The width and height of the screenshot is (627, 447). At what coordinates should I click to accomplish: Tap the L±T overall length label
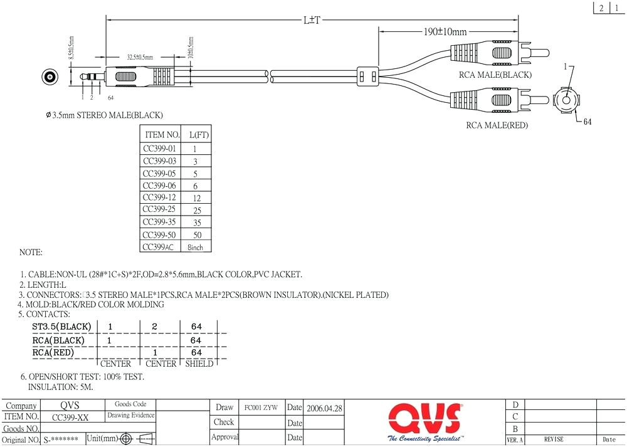pyautogui.click(x=312, y=20)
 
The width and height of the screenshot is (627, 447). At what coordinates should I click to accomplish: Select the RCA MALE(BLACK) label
pyautogui.click(x=495, y=75)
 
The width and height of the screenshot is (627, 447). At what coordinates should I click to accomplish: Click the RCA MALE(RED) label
pyautogui.click(x=497, y=125)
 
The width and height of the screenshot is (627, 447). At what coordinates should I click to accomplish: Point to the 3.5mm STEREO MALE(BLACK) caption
pyautogui.click(x=104, y=115)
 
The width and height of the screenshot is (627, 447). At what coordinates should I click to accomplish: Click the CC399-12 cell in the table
pyautogui.click(x=160, y=197)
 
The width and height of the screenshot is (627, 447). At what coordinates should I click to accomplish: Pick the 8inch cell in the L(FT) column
pyautogui.click(x=196, y=247)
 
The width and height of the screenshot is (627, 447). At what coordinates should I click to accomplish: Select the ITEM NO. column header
pyautogui.click(x=162, y=135)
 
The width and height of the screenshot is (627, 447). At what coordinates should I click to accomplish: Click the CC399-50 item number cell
pyautogui.click(x=160, y=234)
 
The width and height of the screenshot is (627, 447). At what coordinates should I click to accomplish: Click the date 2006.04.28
pyautogui.click(x=324, y=408)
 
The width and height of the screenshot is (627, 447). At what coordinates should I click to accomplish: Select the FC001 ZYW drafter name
pyautogui.click(x=261, y=408)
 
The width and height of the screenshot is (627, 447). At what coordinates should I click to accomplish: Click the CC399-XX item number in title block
pyautogui.click(x=70, y=417)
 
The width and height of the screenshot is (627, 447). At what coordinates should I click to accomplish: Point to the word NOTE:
pyautogui.click(x=31, y=253)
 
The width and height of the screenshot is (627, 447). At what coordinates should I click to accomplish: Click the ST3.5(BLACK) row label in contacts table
pyautogui.click(x=62, y=327)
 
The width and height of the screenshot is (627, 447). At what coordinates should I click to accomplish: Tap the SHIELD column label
pyautogui.click(x=199, y=364)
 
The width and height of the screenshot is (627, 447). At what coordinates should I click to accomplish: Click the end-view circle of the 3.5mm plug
pyautogui.click(x=50, y=78)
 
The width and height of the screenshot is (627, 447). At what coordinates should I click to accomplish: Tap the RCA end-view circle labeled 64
pyautogui.click(x=567, y=99)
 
